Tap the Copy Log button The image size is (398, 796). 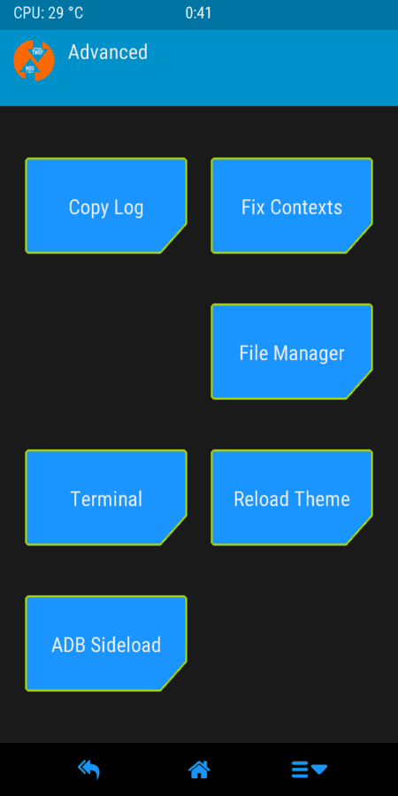pos(106,205)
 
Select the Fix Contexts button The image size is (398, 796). pos(292,205)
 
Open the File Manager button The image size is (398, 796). pos(292,351)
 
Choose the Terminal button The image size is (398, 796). pos(106,497)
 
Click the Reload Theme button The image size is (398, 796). pos(292,497)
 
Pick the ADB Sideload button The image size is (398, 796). pos(106,643)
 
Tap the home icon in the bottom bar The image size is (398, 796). pos(199,769)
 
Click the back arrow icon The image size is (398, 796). pos(88,769)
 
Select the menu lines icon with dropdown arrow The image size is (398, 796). pos(310,769)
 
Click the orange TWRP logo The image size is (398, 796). pos(34,60)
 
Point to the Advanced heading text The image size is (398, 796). pos(108,52)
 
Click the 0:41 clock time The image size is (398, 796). pos(198,13)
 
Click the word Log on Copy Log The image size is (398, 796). pos(128,208)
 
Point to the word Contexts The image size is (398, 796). pos(306,207)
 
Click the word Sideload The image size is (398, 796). pos(126,645)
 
